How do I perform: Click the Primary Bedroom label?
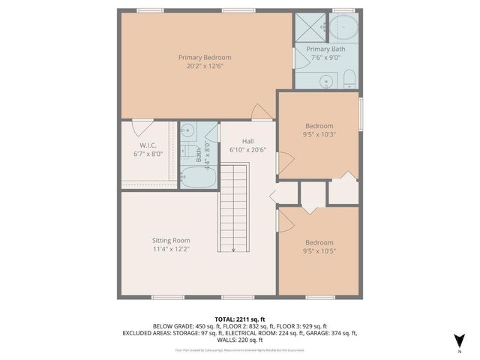pyautogui.click(x=204, y=57)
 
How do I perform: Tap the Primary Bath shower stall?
pyautogui.click(x=309, y=28)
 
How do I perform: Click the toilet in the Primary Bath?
pyautogui.click(x=349, y=79)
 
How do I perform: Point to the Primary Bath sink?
pyautogui.click(x=327, y=80)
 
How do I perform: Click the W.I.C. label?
pyautogui.click(x=147, y=145)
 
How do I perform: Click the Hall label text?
pyautogui.click(x=248, y=141)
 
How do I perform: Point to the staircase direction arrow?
pyautogui.click(x=234, y=250)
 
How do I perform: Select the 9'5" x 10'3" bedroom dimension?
pyautogui.click(x=319, y=134)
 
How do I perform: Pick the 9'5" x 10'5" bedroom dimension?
pyautogui.click(x=319, y=251)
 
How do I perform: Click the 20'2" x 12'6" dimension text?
pyautogui.click(x=205, y=66)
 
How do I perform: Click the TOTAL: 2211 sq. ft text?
pyautogui.click(x=240, y=319)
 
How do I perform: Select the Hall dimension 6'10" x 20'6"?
pyautogui.click(x=248, y=150)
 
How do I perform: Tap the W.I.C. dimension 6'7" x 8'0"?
pyautogui.click(x=148, y=154)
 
